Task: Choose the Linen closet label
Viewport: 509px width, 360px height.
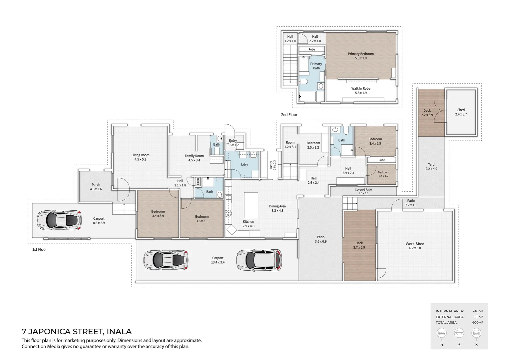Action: point(198,182)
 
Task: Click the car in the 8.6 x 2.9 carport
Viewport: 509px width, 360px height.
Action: point(59,220)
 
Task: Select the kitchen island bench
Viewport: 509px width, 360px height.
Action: point(251,205)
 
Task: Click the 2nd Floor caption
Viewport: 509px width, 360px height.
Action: point(289,115)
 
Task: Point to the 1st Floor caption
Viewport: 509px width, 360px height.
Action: point(39,249)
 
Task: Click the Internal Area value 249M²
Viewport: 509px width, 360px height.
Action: point(477,311)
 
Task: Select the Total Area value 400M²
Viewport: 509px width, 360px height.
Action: point(477,323)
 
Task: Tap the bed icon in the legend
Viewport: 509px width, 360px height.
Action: point(442,333)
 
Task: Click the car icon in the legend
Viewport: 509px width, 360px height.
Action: point(476,333)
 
